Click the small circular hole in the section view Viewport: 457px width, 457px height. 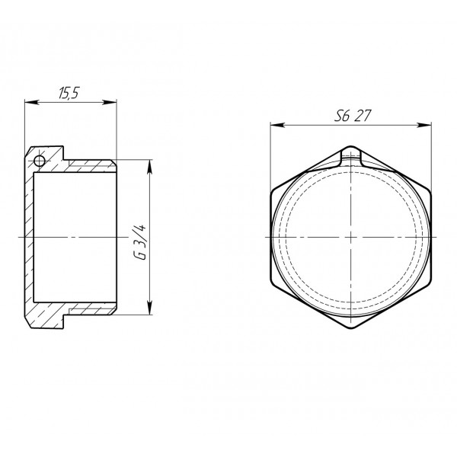click(38, 160)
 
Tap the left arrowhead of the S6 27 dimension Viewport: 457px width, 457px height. click(273, 125)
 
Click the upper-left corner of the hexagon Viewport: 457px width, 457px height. click(271, 190)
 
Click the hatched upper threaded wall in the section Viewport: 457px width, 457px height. click(88, 165)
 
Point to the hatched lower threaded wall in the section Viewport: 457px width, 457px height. click(88, 308)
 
